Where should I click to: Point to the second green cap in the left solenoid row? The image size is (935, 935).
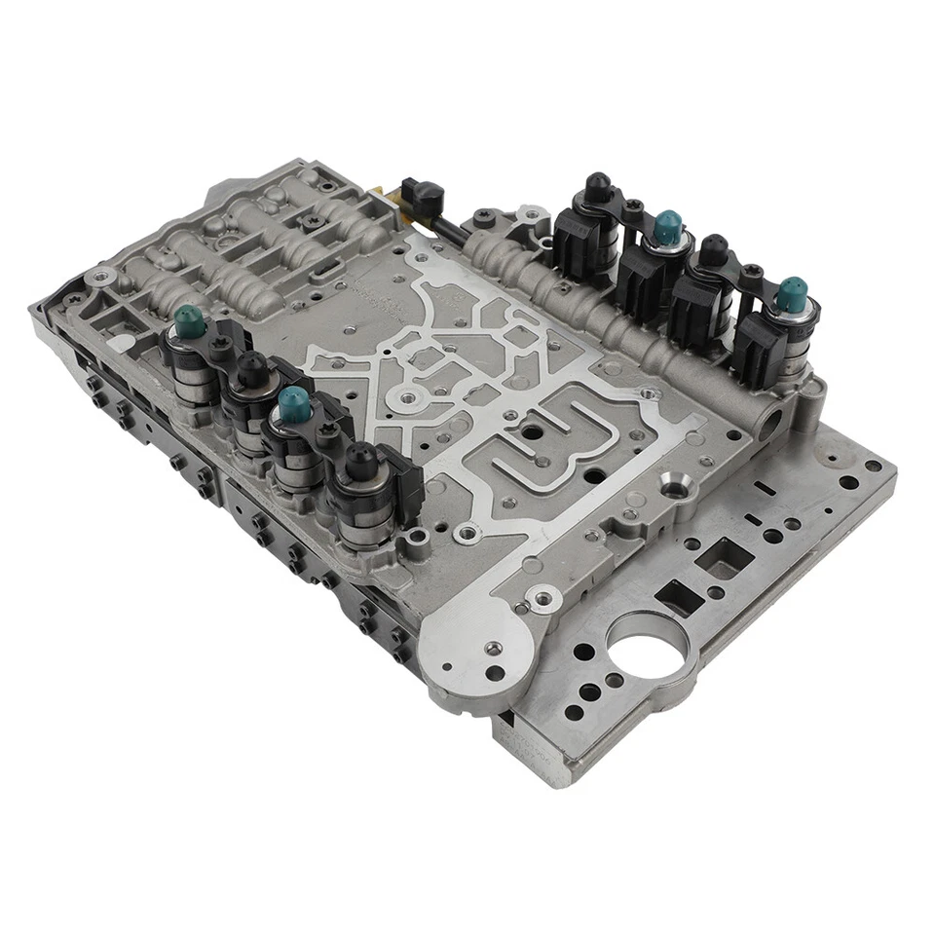pyautogui.click(x=289, y=400)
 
